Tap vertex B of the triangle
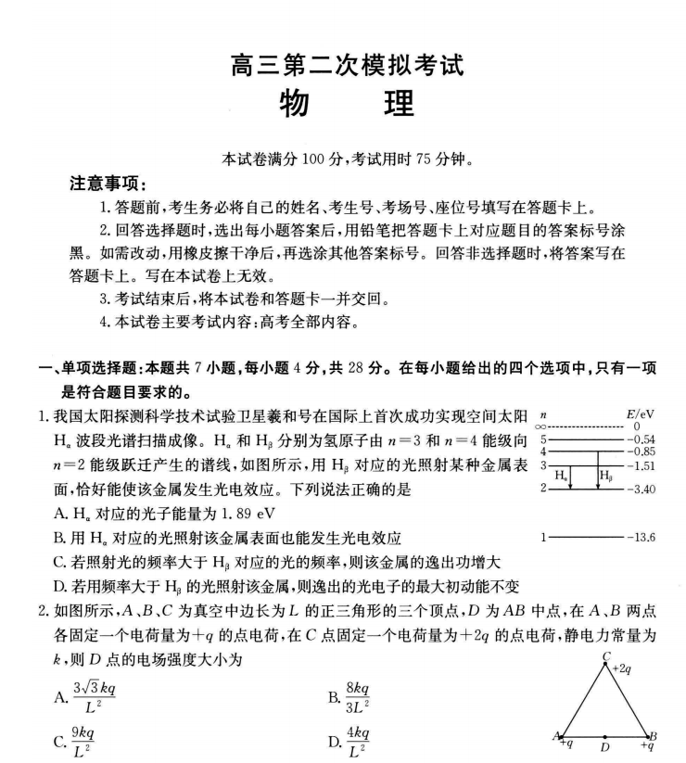pos(653,736)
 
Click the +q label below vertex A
pos(566,744)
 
